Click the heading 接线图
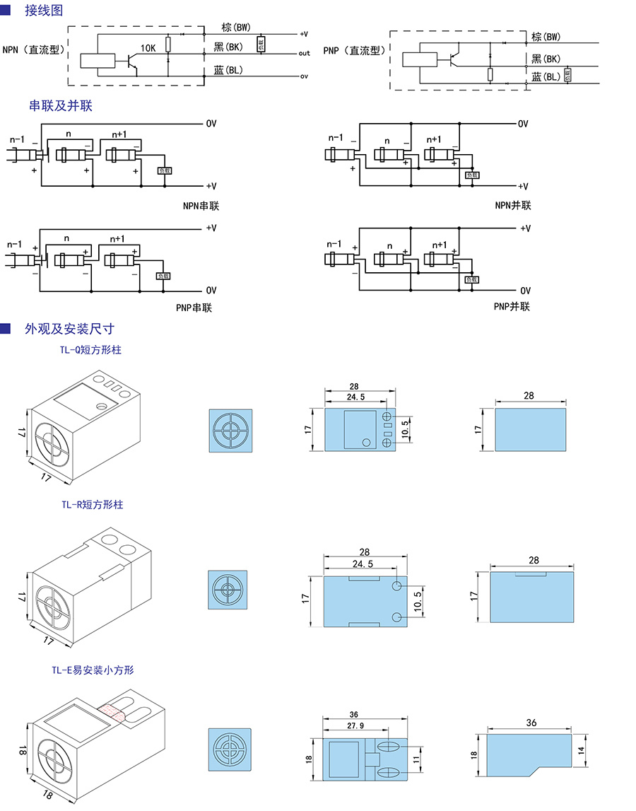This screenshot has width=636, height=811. [44, 11]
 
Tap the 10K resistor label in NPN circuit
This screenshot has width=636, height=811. [148, 48]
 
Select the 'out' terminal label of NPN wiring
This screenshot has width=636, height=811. [304, 53]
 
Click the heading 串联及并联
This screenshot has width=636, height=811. [61, 106]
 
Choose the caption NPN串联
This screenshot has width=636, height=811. [200, 206]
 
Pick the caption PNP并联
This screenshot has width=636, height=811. [512, 306]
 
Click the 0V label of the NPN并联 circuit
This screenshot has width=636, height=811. [523, 124]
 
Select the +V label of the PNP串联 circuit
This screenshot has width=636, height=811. [211, 228]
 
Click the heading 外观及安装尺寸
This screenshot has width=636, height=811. [69, 329]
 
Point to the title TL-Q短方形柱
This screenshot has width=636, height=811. [90, 349]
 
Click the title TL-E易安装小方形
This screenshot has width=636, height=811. [92, 670]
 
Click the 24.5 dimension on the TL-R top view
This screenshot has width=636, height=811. [361, 564]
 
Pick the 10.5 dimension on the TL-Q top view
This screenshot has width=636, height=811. [405, 428]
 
